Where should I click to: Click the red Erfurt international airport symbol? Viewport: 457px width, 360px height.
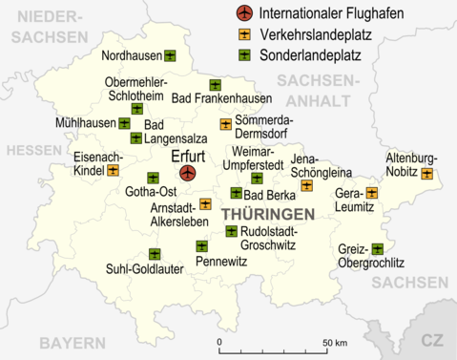187,173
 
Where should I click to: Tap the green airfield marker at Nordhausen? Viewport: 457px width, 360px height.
170,55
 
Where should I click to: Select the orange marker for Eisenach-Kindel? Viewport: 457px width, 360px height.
113,170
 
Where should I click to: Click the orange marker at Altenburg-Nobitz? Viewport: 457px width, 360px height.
426,174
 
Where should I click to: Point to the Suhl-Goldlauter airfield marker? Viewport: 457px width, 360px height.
155,254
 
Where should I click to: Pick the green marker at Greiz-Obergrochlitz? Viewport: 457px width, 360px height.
378,249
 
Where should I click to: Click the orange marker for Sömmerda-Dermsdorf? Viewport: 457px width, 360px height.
226,123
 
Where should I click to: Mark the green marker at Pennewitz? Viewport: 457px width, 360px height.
201,246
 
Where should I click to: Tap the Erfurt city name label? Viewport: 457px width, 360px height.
187,153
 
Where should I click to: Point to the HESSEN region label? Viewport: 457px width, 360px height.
33,151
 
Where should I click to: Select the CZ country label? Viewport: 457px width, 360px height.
434,340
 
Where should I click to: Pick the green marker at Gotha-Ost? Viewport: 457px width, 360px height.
153,178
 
